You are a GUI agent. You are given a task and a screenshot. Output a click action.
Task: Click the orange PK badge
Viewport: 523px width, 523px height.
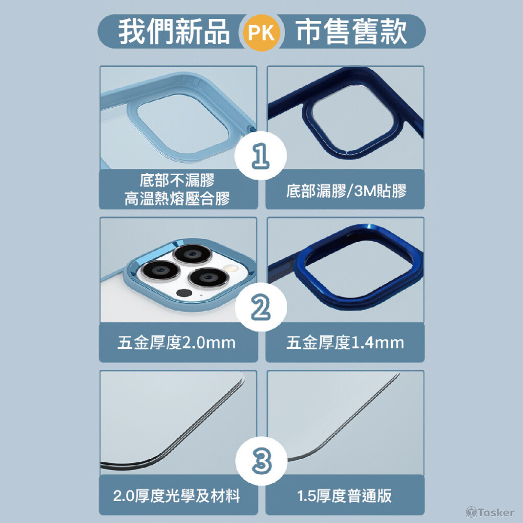tap(261, 32)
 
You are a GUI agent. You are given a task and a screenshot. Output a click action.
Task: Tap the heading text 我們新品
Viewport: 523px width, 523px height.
tap(174, 31)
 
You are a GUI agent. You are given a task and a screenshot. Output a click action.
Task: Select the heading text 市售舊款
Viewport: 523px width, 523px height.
tap(351, 31)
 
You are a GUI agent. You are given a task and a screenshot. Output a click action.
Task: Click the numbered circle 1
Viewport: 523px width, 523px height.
tap(260, 156)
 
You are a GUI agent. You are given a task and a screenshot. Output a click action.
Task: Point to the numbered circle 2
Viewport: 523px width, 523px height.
tap(261, 307)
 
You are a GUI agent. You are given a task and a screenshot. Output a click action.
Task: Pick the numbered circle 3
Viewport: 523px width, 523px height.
tap(261, 461)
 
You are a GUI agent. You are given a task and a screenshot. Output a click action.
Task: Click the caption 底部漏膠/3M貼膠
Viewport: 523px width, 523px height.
tap(346, 191)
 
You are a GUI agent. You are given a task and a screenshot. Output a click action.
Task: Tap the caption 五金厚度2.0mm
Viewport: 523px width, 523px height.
tap(176, 343)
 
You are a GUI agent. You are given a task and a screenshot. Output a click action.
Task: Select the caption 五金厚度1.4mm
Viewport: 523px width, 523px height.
tap(345, 343)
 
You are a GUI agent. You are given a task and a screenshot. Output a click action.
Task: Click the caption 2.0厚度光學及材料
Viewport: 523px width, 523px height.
tap(176, 496)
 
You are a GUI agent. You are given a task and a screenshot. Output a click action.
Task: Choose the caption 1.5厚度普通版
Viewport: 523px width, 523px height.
tap(345, 496)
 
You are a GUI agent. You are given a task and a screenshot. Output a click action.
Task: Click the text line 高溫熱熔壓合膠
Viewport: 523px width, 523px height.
tap(177, 198)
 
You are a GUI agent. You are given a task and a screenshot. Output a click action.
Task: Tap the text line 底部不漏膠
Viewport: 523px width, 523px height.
tap(177, 180)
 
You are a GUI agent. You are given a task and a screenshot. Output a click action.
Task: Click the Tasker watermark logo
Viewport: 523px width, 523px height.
tap(490, 512)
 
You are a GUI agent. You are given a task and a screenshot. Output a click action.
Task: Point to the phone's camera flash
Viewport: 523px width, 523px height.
tap(230, 268)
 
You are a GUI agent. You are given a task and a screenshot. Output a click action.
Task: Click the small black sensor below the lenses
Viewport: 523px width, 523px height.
tap(184, 293)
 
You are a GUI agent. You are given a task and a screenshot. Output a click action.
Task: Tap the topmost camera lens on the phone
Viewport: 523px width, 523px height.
tap(192, 255)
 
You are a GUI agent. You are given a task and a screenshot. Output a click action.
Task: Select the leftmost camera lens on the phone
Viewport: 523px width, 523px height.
tap(160, 270)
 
